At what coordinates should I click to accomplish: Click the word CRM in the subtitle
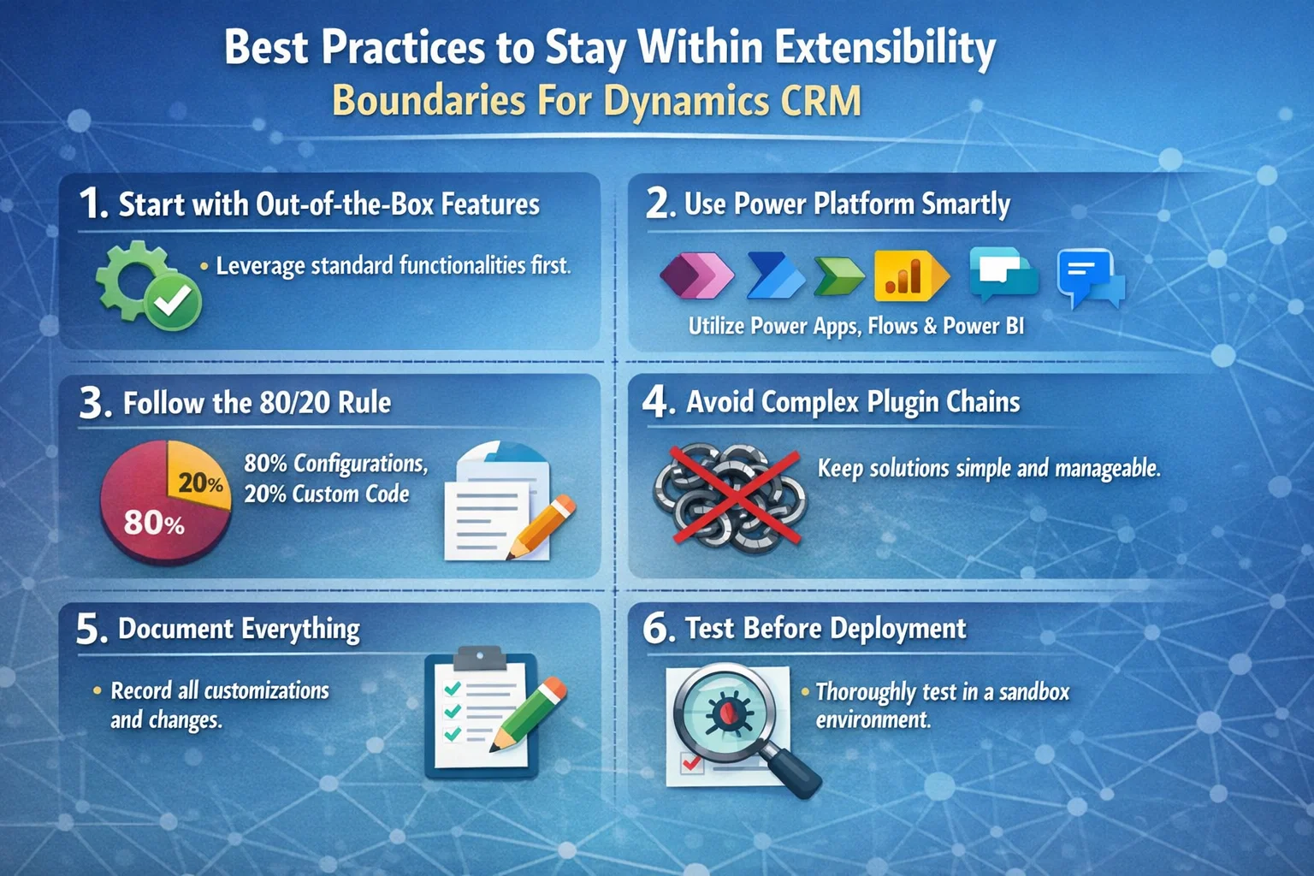820,101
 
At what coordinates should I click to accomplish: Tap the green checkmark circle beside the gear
173,301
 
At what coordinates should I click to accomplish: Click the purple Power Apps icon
696,275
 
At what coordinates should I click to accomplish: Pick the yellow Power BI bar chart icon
909,275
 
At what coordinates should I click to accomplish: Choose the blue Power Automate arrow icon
773,275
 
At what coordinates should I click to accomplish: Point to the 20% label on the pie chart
200,483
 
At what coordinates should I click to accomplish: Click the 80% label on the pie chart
154,522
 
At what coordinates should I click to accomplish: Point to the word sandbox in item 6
1033,691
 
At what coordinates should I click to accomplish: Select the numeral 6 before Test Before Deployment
657,630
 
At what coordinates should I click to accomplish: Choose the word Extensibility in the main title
885,48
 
